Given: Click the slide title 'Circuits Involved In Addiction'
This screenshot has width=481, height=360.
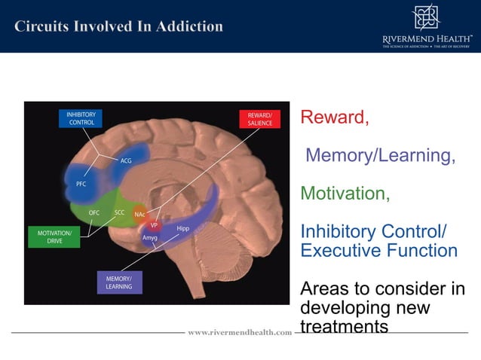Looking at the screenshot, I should [118, 27].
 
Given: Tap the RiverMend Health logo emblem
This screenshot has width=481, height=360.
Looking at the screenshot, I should [424, 17].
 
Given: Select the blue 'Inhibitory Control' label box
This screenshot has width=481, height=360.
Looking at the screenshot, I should [81, 118].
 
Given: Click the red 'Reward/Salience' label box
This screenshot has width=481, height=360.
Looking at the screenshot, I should [259, 119].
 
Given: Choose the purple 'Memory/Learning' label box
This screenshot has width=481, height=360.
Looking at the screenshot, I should [119, 282].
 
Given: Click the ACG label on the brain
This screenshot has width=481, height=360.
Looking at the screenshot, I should [126, 160].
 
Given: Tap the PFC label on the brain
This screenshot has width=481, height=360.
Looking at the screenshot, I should [81, 183].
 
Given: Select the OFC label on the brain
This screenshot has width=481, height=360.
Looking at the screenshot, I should [94, 212].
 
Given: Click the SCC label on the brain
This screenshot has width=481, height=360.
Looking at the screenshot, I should [119, 212].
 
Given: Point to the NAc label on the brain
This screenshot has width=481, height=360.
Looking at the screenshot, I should [139, 214].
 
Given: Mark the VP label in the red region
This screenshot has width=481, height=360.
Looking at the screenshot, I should [153, 225].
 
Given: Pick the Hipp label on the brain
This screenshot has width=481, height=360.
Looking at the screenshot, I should [182, 227].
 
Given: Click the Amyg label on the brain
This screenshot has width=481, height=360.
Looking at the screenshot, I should [150, 237].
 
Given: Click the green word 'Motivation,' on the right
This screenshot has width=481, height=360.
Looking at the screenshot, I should [345, 194].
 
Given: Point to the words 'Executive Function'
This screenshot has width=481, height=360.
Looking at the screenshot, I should [378, 250].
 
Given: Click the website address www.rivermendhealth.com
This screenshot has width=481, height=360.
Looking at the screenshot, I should [240, 332].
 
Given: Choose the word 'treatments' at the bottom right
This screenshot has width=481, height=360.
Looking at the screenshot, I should [344, 327].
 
